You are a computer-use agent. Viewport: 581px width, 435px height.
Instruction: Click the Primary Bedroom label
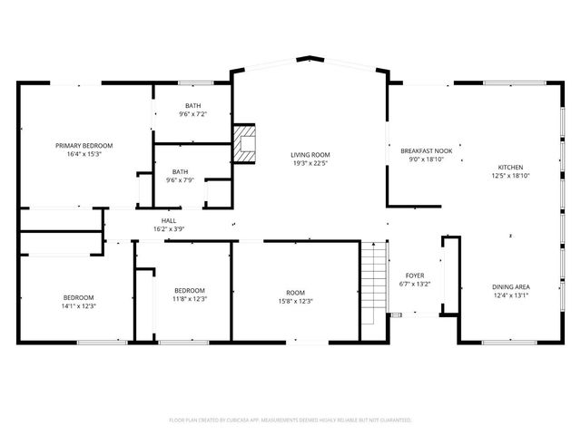point(84,146)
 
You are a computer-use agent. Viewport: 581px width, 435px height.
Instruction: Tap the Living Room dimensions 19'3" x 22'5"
point(310,163)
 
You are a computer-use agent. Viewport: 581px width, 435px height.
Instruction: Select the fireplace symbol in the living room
point(245,143)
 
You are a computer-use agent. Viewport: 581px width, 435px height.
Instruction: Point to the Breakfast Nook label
point(426,150)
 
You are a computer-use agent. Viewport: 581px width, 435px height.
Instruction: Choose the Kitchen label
point(510,168)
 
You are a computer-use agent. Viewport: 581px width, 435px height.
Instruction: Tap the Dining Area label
point(511,286)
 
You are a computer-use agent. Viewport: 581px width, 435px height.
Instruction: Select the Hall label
point(169,220)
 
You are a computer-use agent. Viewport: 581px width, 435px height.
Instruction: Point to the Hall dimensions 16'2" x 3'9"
point(169,228)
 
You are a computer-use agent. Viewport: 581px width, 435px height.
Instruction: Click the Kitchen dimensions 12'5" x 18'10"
point(510,176)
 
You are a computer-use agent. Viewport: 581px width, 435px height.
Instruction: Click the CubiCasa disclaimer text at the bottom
point(290,420)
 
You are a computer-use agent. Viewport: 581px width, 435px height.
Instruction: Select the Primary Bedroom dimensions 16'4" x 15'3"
point(84,154)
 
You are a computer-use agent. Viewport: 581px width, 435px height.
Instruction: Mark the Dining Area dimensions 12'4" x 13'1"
point(511,295)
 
